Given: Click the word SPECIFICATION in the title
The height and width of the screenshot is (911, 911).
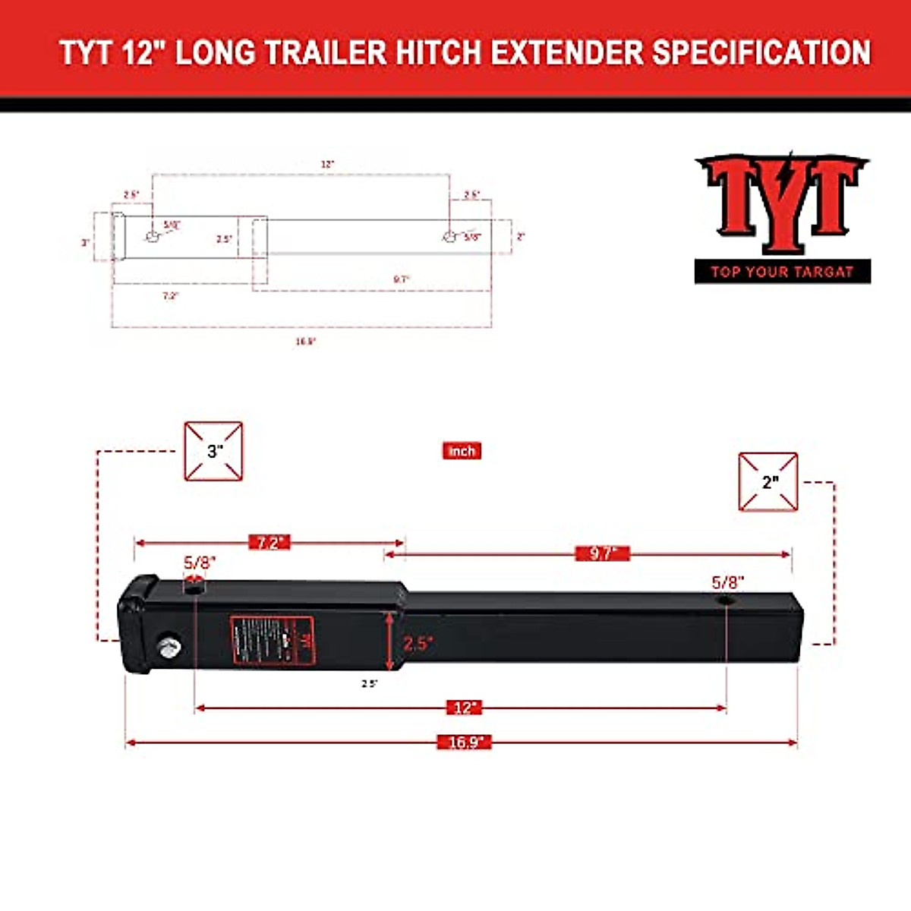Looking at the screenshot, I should click(761, 53).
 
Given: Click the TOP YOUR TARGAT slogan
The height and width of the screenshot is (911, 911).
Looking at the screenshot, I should click(782, 272).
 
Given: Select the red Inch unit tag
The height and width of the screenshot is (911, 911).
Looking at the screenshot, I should click(462, 451).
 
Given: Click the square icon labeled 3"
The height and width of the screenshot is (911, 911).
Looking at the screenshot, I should click(214, 451).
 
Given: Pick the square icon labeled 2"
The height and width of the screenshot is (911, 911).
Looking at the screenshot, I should click(768, 482).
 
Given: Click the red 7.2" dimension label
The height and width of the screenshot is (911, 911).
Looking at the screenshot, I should click(270, 543).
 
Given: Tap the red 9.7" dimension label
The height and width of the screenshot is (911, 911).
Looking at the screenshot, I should click(602, 553).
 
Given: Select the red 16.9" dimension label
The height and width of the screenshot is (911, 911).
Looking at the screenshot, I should click(465, 742).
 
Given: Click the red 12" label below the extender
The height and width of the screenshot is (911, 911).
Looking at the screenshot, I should click(464, 708).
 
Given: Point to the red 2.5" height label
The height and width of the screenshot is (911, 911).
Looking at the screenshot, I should click(417, 644).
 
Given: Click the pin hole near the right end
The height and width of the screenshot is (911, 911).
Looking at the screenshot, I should click(727, 601).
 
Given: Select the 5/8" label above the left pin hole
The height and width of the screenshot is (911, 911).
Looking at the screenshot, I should click(200, 563).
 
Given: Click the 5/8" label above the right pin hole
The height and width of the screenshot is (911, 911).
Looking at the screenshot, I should click(727, 582).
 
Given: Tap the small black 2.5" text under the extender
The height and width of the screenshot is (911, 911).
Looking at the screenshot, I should click(369, 683).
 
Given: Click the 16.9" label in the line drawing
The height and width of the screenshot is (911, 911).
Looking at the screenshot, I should click(305, 342).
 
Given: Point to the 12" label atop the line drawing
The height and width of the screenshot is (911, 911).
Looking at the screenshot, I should click(327, 164).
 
